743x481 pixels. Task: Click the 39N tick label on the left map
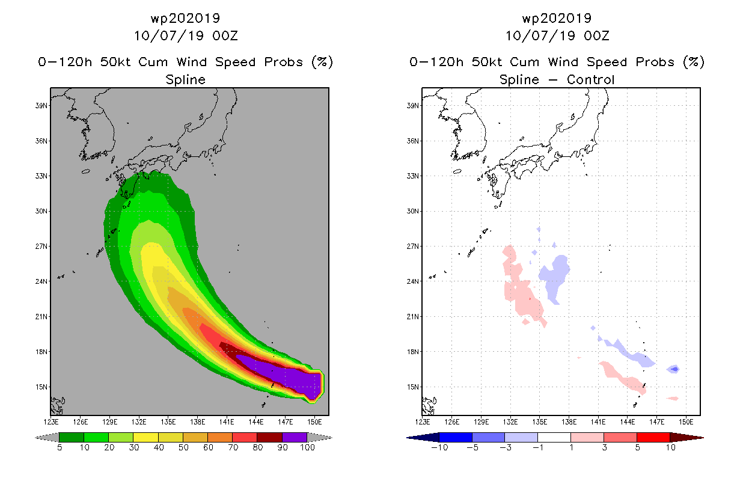pyautogui.click(x=41, y=105)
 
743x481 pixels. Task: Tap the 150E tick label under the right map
pyautogui.click(x=686, y=422)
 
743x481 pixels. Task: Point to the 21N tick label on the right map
pyautogui.click(x=412, y=316)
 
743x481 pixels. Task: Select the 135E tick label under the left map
pyautogui.click(x=168, y=422)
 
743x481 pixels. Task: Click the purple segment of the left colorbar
pyautogui.click(x=295, y=437)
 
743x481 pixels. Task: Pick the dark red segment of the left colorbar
pyautogui.click(x=270, y=437)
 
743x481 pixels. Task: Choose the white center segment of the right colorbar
pyautogui.click(x=554, y=437)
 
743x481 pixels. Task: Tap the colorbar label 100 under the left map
pyautogui.click(x=307, y=447)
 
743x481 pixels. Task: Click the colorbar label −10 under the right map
pyautogui.click(x=439, y=447)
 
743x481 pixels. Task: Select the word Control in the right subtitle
pyautogui.click(x=590, y=79)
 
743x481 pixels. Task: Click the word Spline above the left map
pyautogui.click(x=185, y=80)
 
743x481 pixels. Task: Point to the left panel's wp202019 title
pyautogui.click(x=185, y=18)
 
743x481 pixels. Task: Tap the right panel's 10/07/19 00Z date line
pyautogui.click(x=557, y=35)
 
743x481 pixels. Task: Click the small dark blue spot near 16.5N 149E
pyautogui.click(x=674, y=369)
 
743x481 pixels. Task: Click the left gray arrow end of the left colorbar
pyautogui.click(x=47, y=438)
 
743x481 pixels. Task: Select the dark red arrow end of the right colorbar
pyautogui.click(x=687, y=438)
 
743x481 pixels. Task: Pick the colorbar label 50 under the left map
pyautogui.click(x=183, y=447)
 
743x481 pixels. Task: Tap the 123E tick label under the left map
pyautogui.click(x=51, y=422)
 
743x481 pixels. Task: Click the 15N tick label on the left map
pyautogui.click(x=41, y=387)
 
